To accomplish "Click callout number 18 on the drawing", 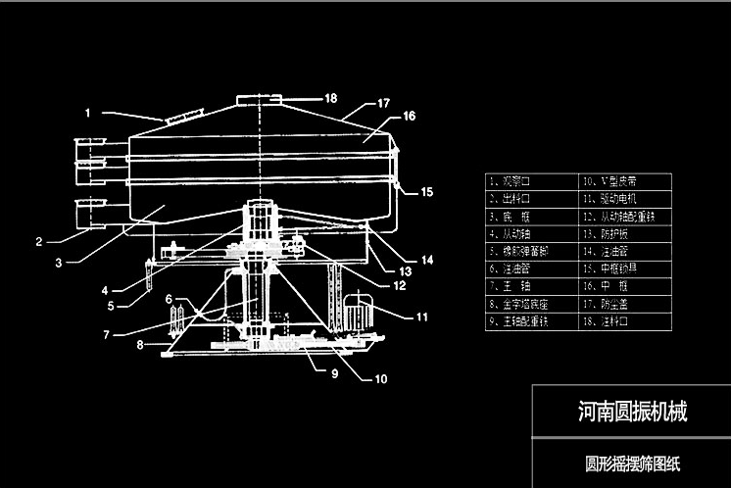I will click(330, 98).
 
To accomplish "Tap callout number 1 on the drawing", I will click(87, 113).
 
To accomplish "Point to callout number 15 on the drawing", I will click(426, 192).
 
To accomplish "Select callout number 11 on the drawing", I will click(421, 317).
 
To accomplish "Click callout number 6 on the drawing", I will click(169, 299).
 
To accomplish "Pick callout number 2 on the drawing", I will click(39, 241).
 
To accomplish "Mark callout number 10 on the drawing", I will click(381, 378).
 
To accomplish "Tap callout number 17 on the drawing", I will click(383, 102).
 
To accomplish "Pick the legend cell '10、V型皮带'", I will click(626, 181).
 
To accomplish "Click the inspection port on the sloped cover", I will click(177, 118).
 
